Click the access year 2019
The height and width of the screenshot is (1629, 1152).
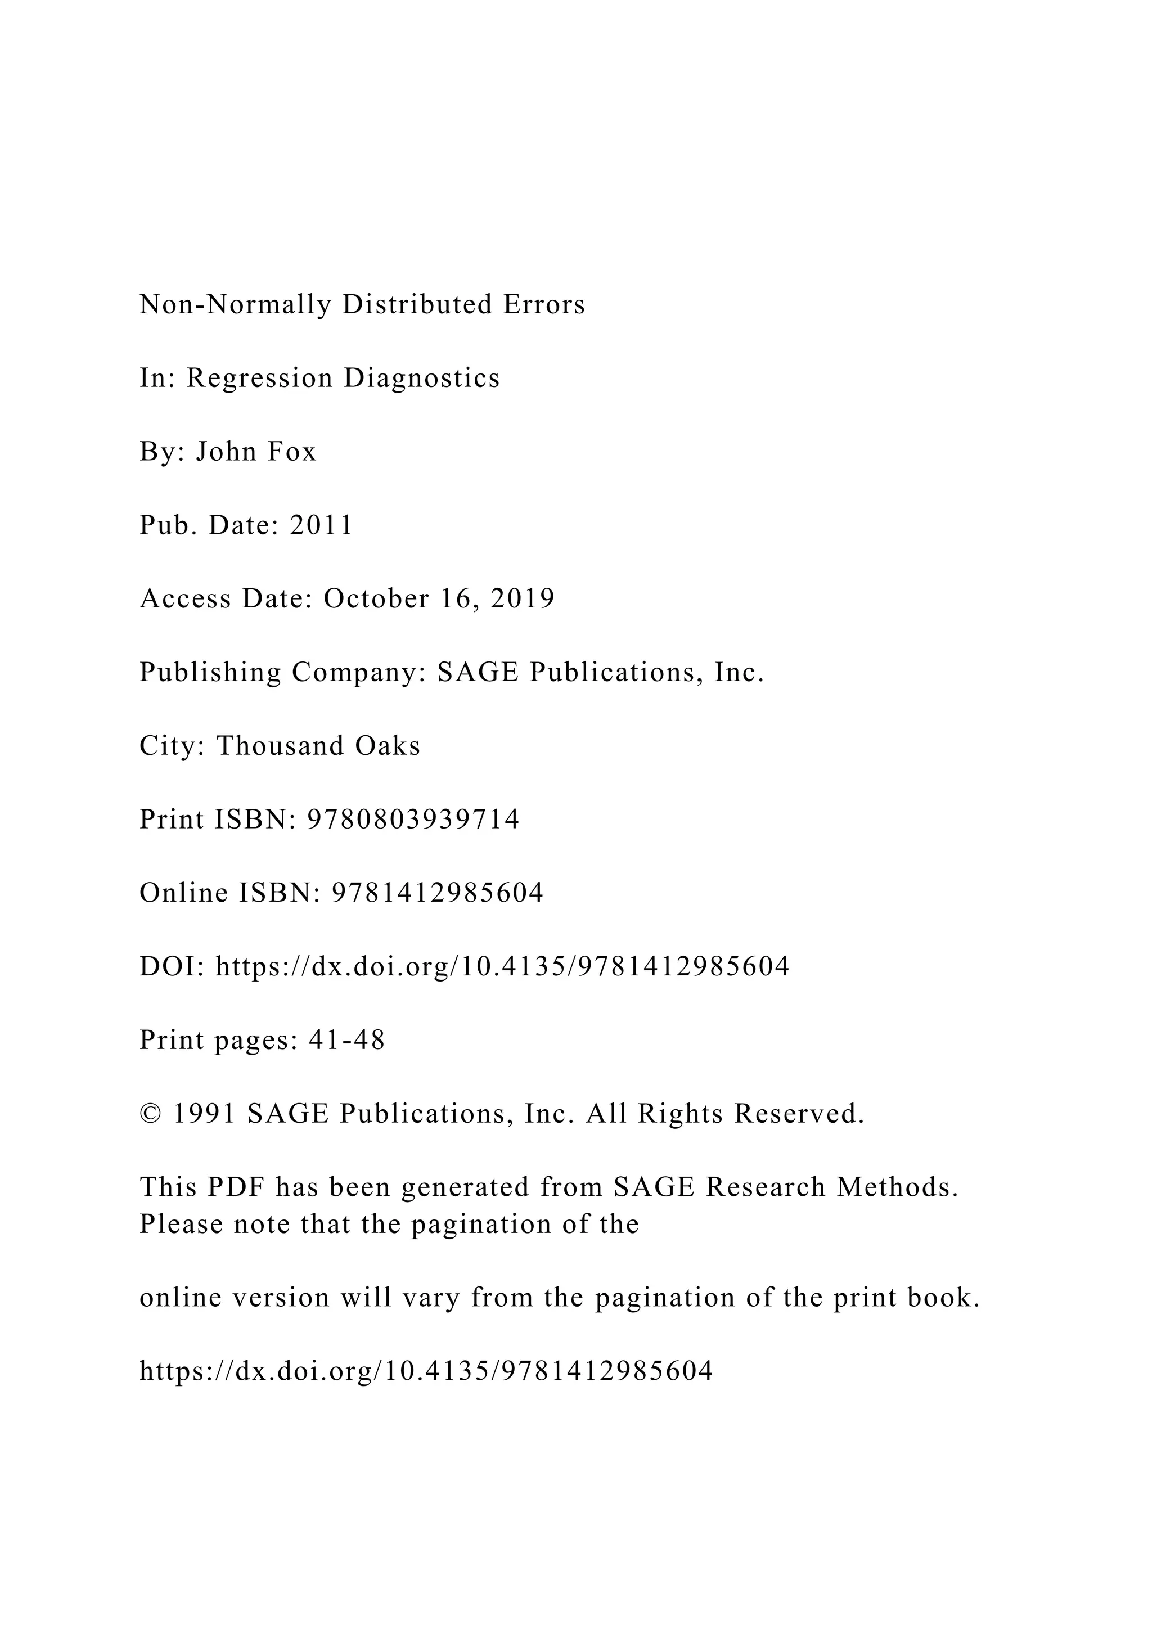pos(523,599)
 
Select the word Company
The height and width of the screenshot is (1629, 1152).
pos(358,673)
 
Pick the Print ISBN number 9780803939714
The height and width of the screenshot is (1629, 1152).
pos(413,820)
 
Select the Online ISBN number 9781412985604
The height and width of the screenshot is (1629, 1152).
pos(438,893)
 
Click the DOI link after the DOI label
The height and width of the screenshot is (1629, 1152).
pos(502,967)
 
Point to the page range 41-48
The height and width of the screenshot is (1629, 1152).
pos(347,1041)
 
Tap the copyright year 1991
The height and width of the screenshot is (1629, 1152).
pos(205,1115)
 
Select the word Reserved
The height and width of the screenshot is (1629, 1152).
pos(799,1115)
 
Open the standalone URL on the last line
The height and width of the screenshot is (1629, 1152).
pos(426,1372)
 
